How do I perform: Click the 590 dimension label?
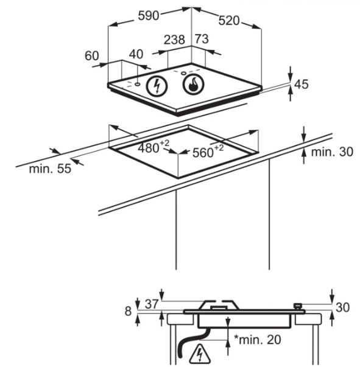pos(149,16)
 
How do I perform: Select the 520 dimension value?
pos(229,21)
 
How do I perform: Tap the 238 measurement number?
pos(174,40)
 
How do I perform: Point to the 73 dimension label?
pos(202,38)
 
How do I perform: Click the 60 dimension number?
pos(92,56)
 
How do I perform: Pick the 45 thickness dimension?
pos(302,84)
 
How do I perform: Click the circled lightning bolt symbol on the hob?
pos(157,86)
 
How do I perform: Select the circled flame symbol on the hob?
pos(193,85)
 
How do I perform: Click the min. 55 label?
pos(50,169)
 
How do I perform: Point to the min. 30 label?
pos(332,152)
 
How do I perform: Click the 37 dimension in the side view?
pos(152,304)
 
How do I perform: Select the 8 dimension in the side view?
pos(128,311)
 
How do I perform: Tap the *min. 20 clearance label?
pos(258,340)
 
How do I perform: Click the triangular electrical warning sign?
pos(200,353)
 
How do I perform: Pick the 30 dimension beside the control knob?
pos(342,307)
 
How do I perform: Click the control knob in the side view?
pos(297,306)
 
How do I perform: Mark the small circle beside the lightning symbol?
pos(137,84)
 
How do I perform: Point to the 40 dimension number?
pos(136,54)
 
